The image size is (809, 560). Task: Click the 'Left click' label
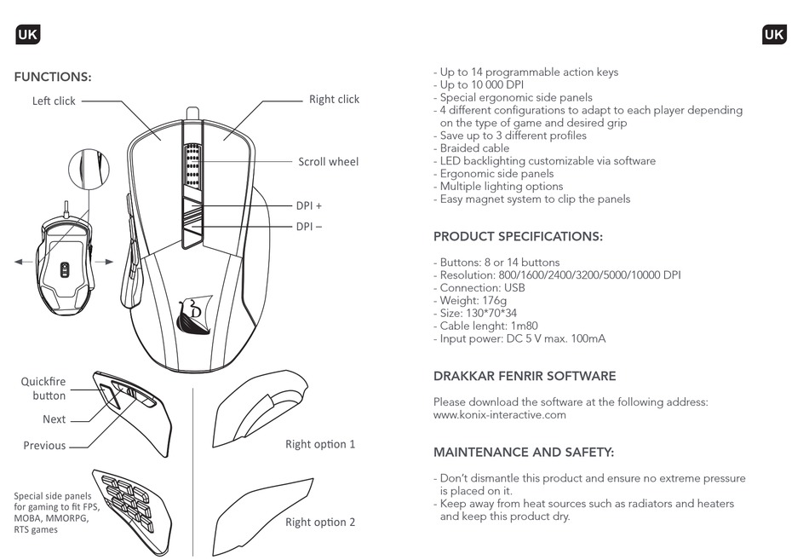point(54,101)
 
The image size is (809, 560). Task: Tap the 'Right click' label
point(334,100)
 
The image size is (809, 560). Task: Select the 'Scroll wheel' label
point(328,162)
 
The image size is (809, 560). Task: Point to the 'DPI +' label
point(309,206)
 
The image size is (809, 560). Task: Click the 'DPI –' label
point(309,227)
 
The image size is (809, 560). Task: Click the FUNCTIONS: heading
point(53,78)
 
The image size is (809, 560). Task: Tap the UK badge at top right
point(774,34)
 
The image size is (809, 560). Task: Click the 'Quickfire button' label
point(43,389)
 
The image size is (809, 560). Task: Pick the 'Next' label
point(55,419)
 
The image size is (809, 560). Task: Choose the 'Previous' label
point(44,446)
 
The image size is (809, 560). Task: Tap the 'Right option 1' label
point(320,444)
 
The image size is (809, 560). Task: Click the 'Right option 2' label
point(320,522)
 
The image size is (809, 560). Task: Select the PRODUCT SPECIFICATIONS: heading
point(518,237)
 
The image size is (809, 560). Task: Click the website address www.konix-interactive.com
point(500,415)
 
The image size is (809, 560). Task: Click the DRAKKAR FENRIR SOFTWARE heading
point(525,376)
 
